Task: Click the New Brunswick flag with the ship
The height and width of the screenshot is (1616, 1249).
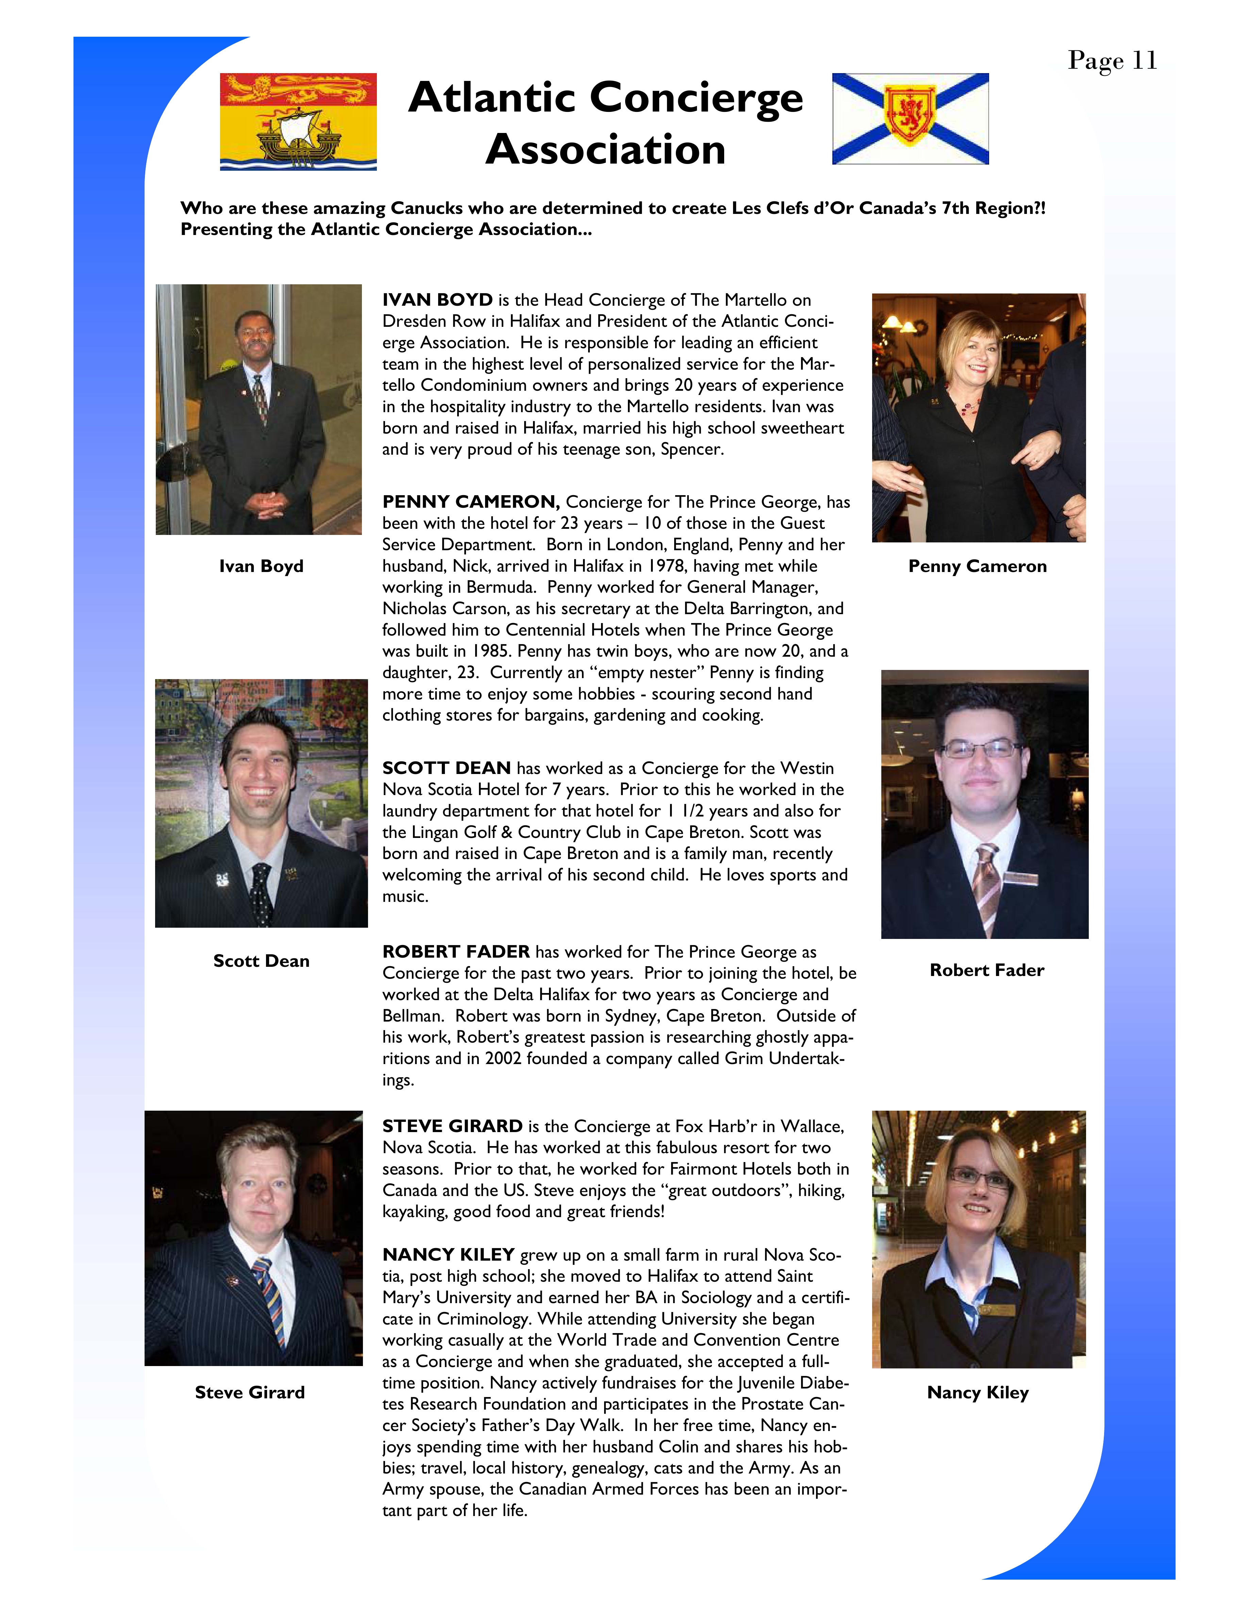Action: point(298,122)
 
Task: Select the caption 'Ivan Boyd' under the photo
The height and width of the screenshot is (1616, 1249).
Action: point(261,566)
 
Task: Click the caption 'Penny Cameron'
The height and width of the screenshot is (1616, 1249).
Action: point(978,566)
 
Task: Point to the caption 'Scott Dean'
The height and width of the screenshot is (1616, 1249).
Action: point(261,960)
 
